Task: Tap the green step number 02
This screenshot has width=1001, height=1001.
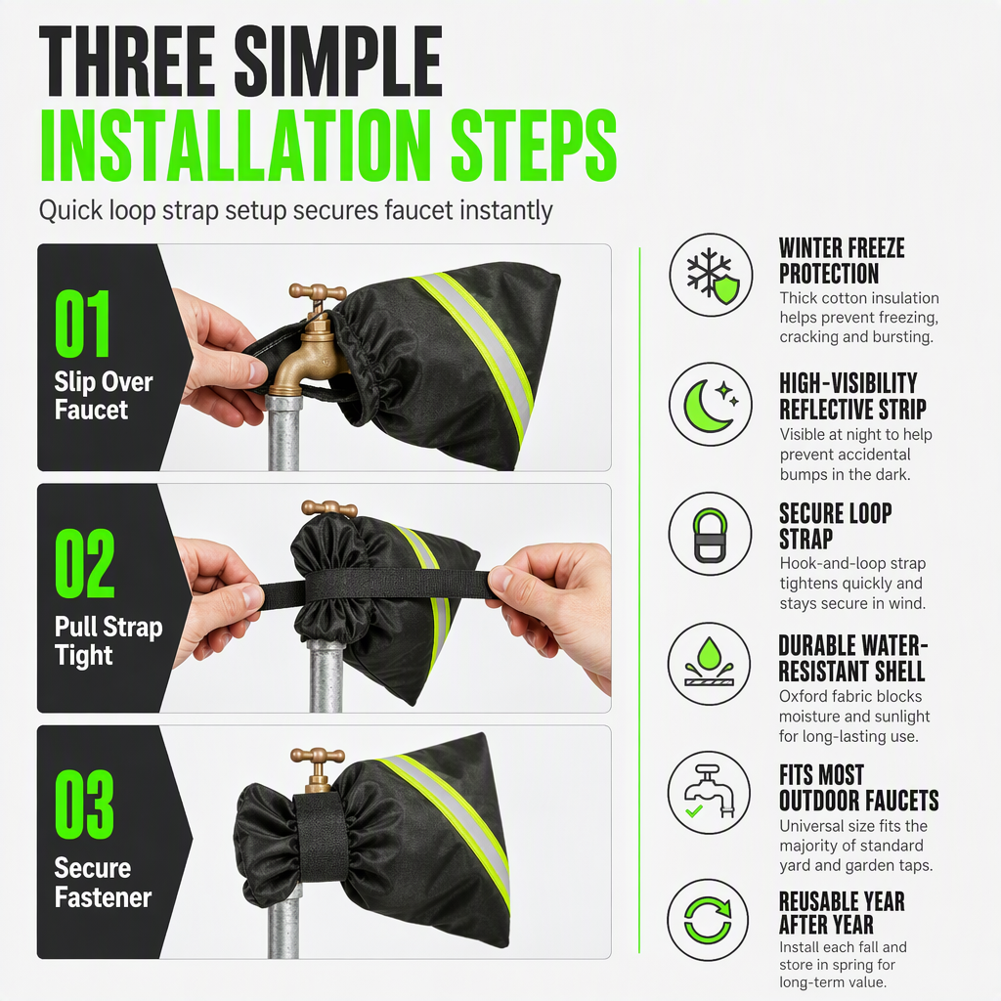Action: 84,563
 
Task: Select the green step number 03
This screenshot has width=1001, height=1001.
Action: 84,804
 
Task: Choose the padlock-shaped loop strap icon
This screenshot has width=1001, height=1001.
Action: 710,534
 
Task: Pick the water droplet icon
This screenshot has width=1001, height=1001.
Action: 710,664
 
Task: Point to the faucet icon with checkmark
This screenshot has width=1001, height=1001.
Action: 710,793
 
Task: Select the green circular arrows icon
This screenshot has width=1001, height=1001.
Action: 709,921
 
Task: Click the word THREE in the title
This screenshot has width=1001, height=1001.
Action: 126,62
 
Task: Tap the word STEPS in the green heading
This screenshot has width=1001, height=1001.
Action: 534,145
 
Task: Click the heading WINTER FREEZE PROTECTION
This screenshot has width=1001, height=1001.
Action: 842,260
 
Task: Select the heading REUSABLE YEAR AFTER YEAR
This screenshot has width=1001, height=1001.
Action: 842,913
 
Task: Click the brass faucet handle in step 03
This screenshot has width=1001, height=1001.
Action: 318,758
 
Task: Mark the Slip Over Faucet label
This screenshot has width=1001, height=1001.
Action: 104,396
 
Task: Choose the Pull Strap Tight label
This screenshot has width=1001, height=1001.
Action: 109,641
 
